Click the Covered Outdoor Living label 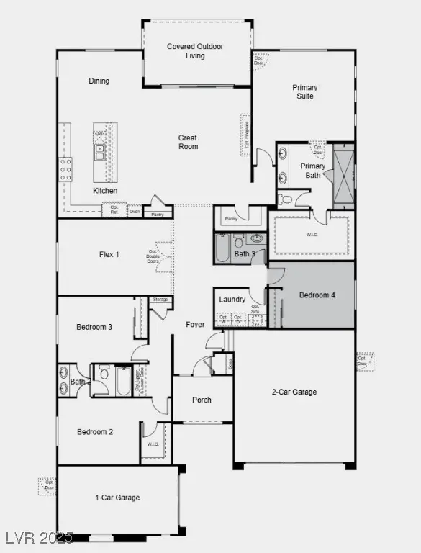point(195,51)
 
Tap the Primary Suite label point(304,91)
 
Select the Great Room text point(189,142)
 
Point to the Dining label point(99,81)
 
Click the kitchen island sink point(99,151)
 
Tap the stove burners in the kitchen point(65,169)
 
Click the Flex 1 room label point(109,254)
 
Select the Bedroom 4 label point(317,295)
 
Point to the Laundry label point(232,300)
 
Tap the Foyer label point(195,325)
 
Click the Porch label point(202,400)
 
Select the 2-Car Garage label point(294,392)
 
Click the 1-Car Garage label point(117,498)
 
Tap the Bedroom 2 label point(96,432)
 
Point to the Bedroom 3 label point(94,327)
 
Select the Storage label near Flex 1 point(160,299)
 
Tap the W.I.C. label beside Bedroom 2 point(153,444)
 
